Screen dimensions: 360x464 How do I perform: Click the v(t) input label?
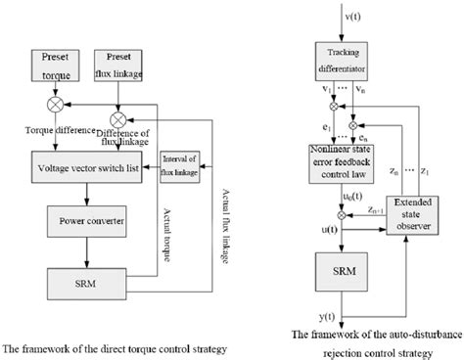tap(349, 16)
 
